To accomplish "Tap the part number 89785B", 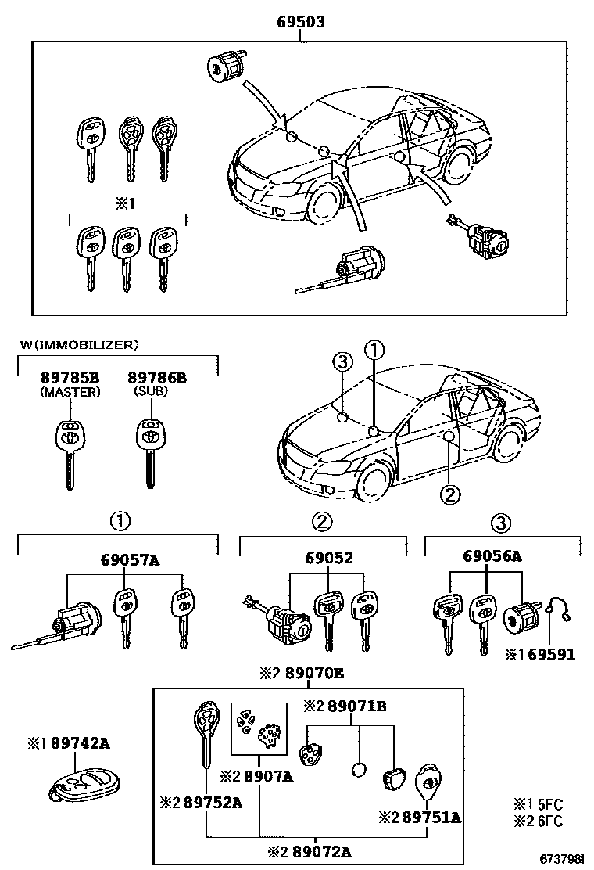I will [x=70, y=379].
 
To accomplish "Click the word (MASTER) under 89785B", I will [x=70, y=392].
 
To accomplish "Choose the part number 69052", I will [x=329, y=558].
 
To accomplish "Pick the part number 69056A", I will [x=492, y=556].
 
